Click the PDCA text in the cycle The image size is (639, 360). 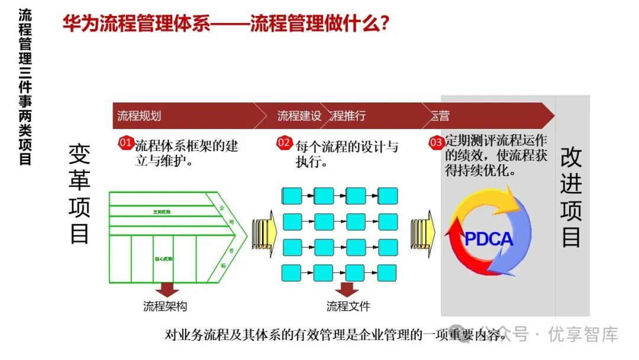pyautogui.click(x=489, y=239)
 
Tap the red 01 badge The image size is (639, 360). pyautogui.click(x=126, y=143)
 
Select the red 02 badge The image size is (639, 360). pyautogui.click(x=285, y=143)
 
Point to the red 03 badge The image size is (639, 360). pyautogui.click(x=436, y=143)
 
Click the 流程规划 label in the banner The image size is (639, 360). pyautogui.click(x=139, y=115)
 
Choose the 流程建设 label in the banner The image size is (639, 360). pyautogui.click(x=299, y=115)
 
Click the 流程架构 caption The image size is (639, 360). pyautogui.click(x=165, y=306)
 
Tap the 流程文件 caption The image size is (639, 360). pyautogui.click(x=348, y=306)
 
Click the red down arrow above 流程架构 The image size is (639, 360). pyautogui.click(x=167, y=289)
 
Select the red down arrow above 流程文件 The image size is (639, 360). pyautogui.click(x=346, y=289)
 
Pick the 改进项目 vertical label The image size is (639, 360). pyautogui.click(x=572, y=198)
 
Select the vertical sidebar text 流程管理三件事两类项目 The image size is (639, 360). pyautogui.click(x=25, y=86)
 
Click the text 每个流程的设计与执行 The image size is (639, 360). pyautogui.click(x=347, y=153)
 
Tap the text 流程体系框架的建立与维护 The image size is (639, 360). pyautogui.click(x=186, y=153)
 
